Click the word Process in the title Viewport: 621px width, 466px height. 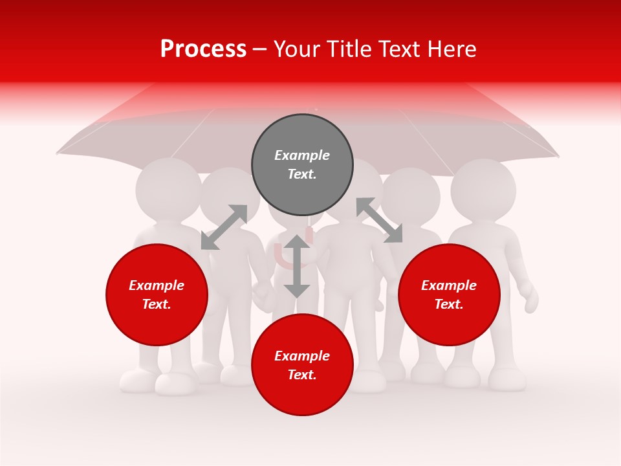tap(203, 49)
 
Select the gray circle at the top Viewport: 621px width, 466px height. tap(302, 165)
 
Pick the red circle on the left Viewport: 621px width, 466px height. tap(157, 294)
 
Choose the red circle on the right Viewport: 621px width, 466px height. tap(449, 294)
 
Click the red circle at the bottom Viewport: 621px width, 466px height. tap(302, 365)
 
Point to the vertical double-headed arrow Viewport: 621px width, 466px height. tap(297, 266)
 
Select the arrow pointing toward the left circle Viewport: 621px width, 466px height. tap(224, 227)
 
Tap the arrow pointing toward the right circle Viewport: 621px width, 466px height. tap(379, 220)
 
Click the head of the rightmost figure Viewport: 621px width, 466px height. tap(483, 190)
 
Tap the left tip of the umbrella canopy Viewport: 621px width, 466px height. tap(58, 153)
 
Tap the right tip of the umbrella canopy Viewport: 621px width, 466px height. tap(558, 156)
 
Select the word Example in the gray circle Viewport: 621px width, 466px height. tap(302, 155)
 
